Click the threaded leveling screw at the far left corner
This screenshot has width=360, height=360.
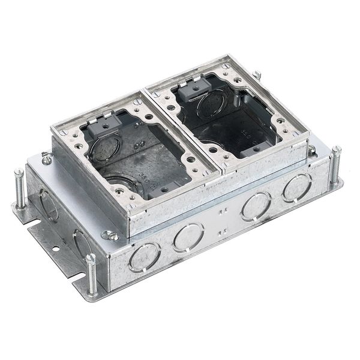click(x=19, y=188)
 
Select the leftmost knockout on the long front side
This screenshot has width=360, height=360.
click(x=145, y=256)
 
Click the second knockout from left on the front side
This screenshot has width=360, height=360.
click(x=188, y=236)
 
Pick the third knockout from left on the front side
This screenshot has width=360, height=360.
click(x=256, y=207)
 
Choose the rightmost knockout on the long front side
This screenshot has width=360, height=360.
click(x=296, y=188)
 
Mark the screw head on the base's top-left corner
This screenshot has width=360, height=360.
click(x=46, y=158)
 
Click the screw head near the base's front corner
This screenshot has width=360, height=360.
click(x=109, y=235)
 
